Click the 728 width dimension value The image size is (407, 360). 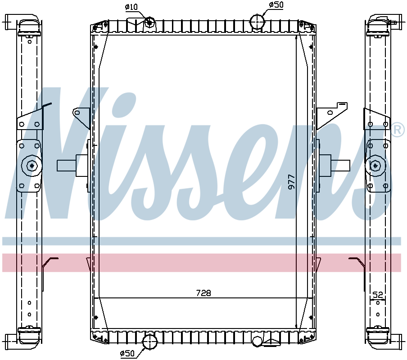pyautogui.click(x=203, y=293)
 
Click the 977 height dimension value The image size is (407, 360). pyautogui.click(x=291, y=181)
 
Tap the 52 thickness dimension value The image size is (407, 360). pyautogui.click(x=378, y=295)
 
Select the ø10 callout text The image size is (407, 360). pyautogui.click(x=131, y=7)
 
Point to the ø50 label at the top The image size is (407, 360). pyautogui.click(x=276, y=4)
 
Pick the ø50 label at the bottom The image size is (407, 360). pyautogui.click(x=127, y=354)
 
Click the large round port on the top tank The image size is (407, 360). pyautogui.click(x=257, y=21)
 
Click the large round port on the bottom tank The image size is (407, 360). pyautogui.click(x=149, y=342)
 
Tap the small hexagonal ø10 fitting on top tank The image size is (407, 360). pyautogui.click(x=149, y=22)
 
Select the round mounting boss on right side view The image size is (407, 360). pyautogui.click(x=375, y=165)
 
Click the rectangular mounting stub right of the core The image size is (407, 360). pyautogui.click(x=340, y=165)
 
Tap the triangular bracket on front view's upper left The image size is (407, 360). pyautogui.click(x=81, y=118)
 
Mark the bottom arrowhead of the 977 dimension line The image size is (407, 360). pyautogui.click(x=296, y=327)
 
